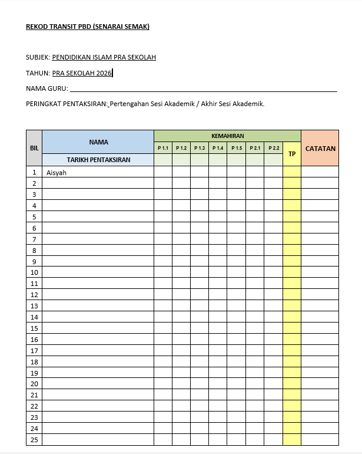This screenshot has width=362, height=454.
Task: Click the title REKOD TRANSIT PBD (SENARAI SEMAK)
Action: pos(88,27)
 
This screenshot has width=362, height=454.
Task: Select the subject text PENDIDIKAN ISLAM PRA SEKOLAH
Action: pos(104,58)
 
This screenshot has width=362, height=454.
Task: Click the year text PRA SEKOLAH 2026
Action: pos(82,73)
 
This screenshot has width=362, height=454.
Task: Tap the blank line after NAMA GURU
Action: pos(203,90)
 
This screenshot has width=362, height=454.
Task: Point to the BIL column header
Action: pos(34,148)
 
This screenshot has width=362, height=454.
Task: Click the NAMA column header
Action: pos(98,142)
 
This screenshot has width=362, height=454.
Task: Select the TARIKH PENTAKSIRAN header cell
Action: pos(98,160)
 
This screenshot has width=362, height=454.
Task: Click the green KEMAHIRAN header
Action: pos(227,136)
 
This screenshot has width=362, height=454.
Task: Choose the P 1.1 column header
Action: pos(163,148)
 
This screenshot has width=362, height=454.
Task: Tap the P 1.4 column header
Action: pos(218,148)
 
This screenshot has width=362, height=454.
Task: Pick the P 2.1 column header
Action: pos(255,148)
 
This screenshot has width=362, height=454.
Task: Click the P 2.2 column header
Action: pos(273,148)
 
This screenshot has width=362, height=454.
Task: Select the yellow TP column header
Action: pos(292,154)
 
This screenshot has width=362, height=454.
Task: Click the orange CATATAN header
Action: pos(320,149)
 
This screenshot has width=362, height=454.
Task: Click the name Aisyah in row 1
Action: pos(58,173)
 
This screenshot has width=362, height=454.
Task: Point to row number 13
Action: pos(34,306)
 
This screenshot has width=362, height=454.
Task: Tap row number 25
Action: pos(34,440)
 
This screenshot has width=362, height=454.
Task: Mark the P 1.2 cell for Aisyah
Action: pos(181,172)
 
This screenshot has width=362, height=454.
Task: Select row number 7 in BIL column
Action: pos(34,239)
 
